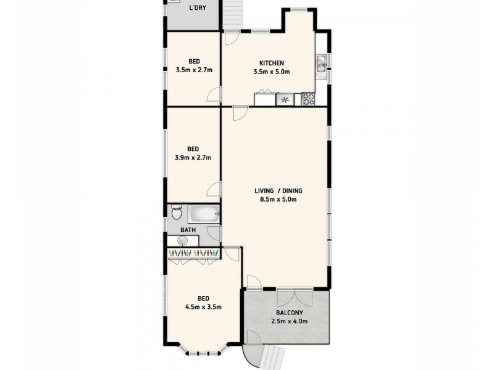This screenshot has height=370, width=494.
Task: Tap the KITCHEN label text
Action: click(x=271, y=63)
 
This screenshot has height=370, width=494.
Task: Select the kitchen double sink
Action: click(x=321, y=64)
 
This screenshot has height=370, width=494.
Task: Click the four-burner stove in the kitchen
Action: click(x=308, y=99)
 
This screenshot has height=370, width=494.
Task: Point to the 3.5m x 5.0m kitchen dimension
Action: click(x=271, y=72)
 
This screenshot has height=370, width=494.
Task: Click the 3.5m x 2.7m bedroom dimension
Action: click(x=194, y=70)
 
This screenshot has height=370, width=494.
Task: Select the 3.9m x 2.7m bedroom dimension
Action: click(x=193, y=157)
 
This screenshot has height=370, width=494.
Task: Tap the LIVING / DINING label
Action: click(x=278, y=190)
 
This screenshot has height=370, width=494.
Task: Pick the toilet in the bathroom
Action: click(x=176, y=214)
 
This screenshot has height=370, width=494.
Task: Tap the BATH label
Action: click(x=188, y=230)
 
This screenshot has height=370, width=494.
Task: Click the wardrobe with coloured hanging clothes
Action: click(x=193, y=253)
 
